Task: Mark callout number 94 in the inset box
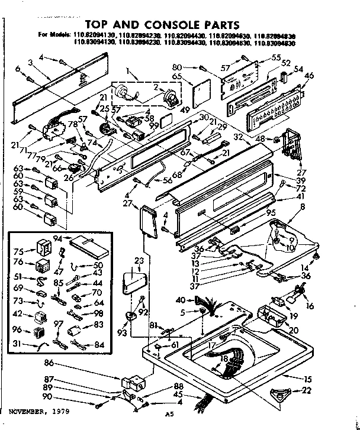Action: tap(57, 237)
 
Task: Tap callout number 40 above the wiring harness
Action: tap(179, 300)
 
